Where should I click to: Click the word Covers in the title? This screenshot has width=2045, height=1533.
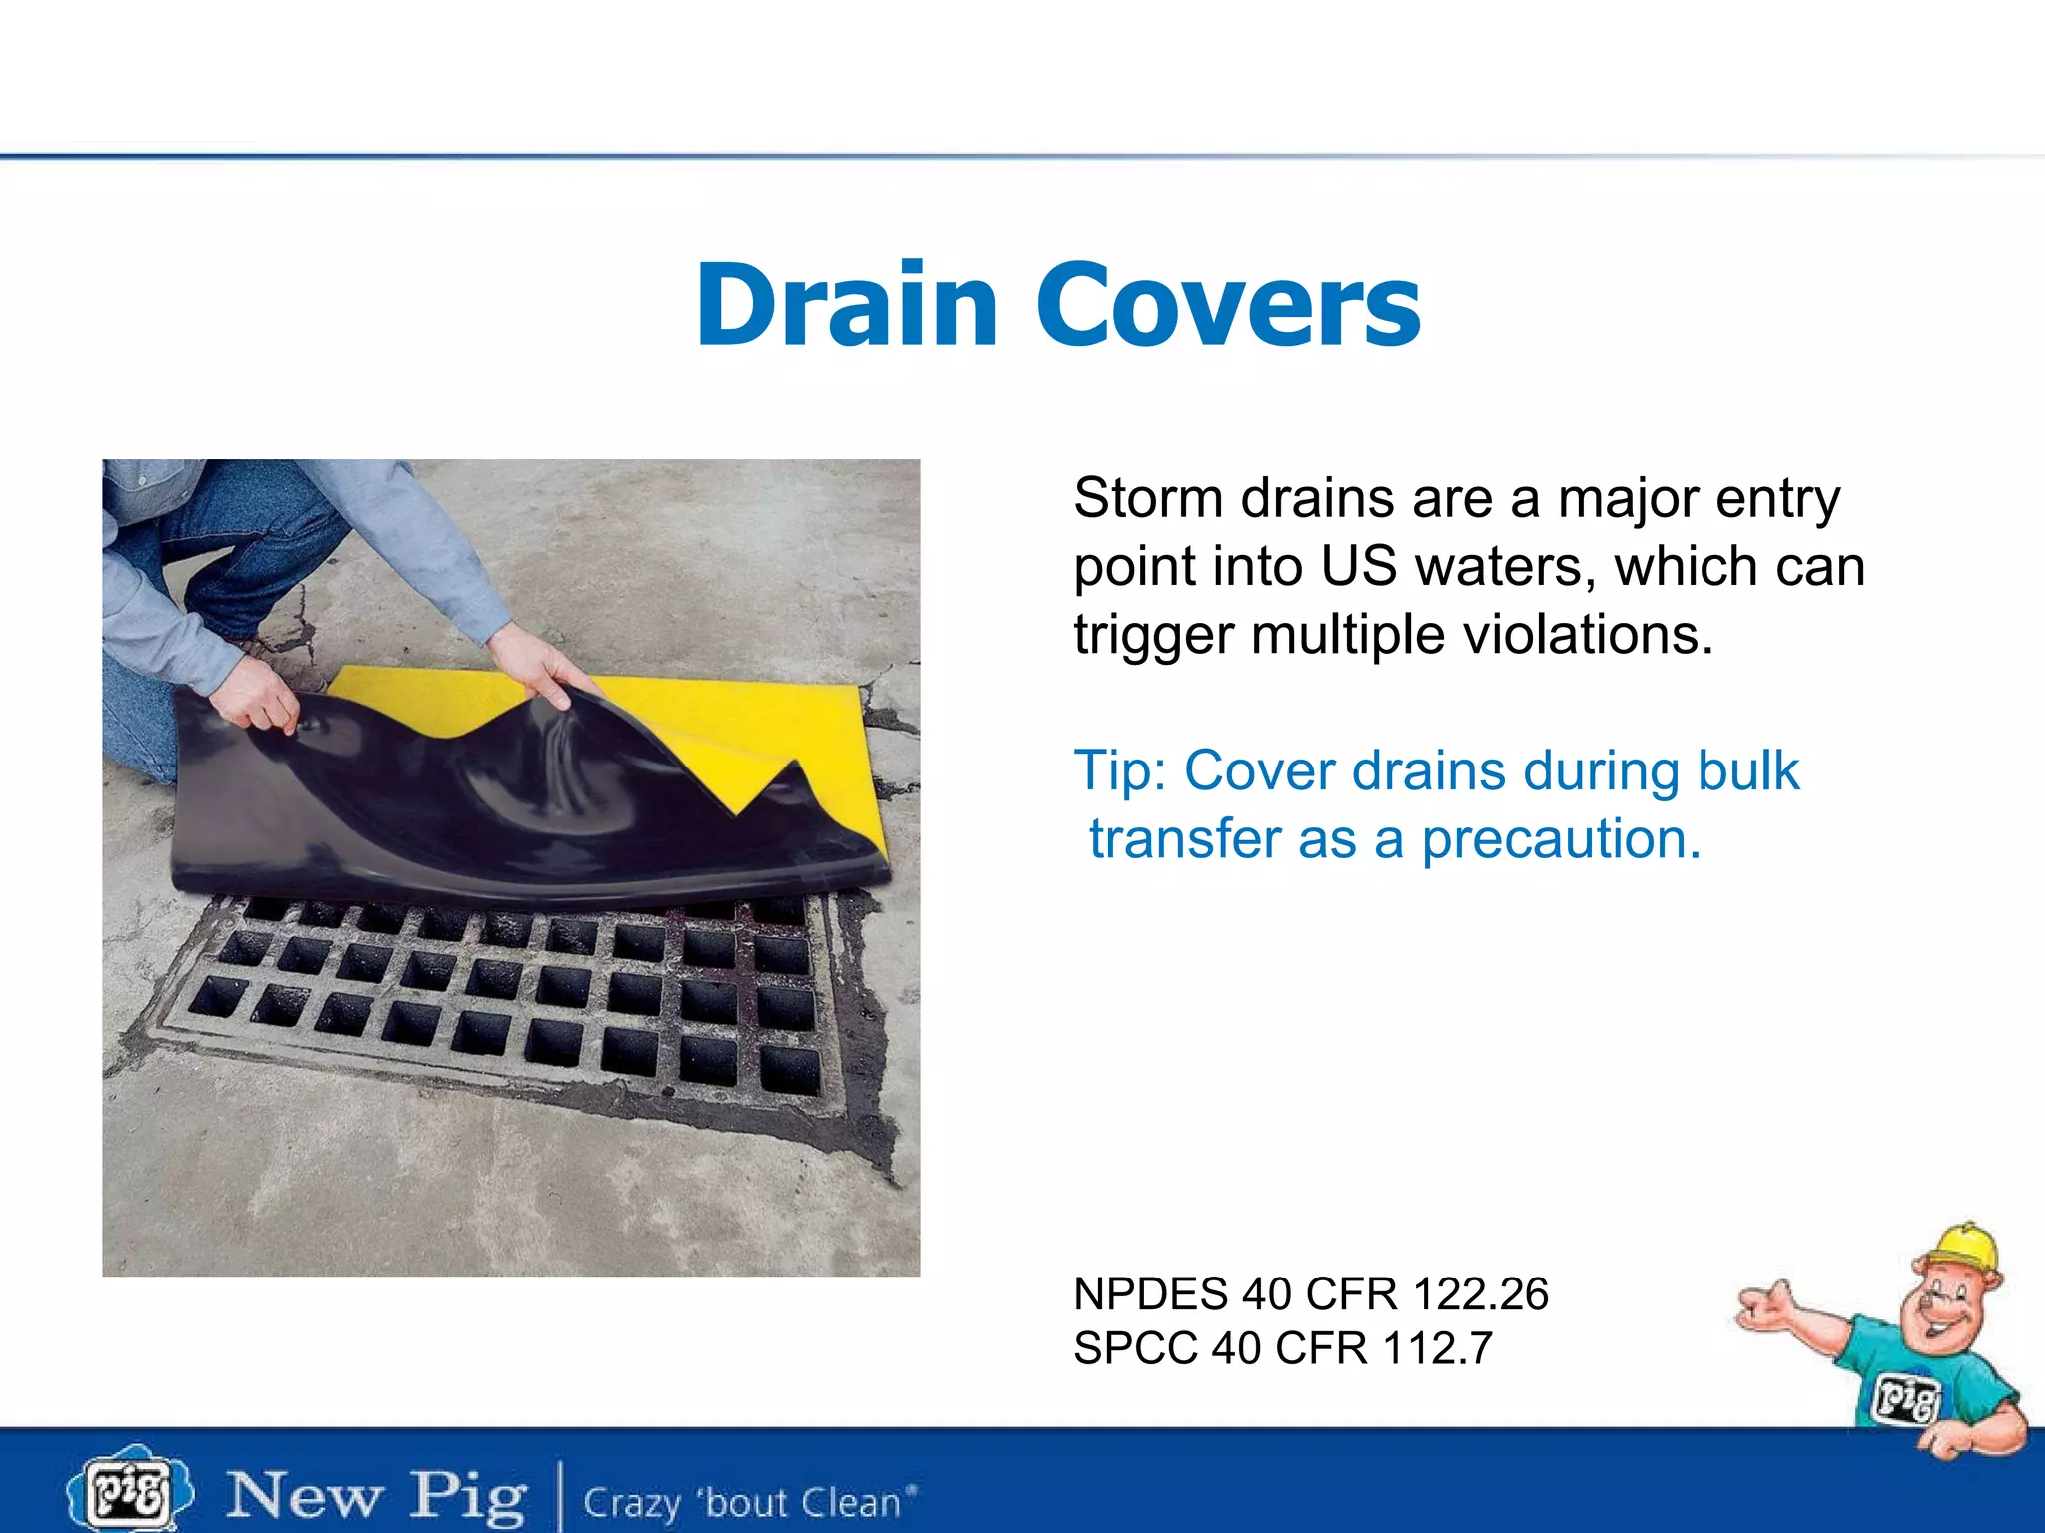pos(1228,304)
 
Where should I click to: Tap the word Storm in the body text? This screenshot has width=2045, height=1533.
pos(1148,498)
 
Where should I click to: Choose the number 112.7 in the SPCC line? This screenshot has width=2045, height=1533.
pos(1438,1348)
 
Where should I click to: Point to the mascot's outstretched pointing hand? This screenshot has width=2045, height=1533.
pos(1768,1306)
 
